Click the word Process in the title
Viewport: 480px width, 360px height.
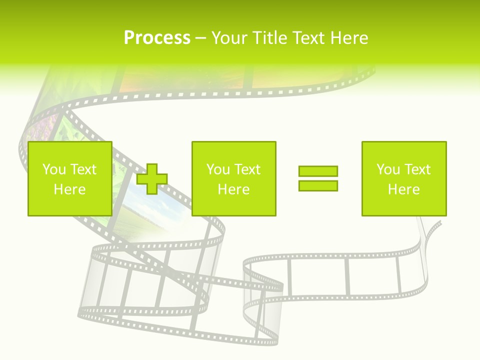tap(157, 38)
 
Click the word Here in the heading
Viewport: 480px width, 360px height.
tap(349, 38)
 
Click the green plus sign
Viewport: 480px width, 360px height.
tap(152, 179)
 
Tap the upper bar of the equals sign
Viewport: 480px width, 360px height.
tap(318, 171)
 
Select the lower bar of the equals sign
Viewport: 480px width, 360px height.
tap(318, 185)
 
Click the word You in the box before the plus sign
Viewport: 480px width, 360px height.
tap(54, 169)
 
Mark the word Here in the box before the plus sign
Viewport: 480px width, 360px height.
tap(69, 189)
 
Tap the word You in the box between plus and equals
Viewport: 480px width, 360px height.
tap(218, 169)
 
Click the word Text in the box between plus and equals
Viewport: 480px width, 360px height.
tap(246, 169)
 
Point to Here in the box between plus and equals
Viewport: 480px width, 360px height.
tap(233, 189)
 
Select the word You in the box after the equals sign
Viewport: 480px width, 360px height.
tap(388, 169)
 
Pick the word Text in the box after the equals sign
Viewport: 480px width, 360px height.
tap(416, 169)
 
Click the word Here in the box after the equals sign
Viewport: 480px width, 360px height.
tap(403, 189)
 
